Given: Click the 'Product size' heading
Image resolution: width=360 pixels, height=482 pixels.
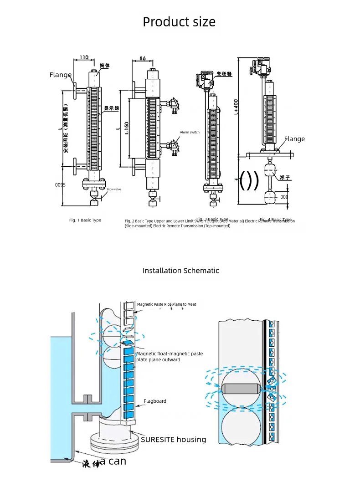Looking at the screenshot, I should [179, 22].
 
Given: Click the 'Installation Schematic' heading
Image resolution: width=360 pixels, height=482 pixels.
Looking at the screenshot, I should [180, 271].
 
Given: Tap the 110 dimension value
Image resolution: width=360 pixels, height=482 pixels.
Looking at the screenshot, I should [84, 57].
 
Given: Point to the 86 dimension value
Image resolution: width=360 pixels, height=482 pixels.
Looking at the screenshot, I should [142, 59].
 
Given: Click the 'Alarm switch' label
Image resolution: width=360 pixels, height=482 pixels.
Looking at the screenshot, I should [190, 132].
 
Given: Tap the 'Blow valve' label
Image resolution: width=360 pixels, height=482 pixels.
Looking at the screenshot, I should [114, 189].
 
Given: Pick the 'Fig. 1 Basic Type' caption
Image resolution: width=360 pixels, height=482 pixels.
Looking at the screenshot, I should [85, 220].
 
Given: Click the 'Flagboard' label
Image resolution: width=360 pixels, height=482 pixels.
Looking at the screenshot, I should [155, 401].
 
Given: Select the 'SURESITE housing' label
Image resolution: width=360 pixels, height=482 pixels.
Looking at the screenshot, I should [173, 440].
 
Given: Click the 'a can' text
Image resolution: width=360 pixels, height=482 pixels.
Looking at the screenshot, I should [113, 461].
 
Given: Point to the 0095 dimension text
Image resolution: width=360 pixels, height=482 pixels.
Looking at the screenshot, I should [61, 185].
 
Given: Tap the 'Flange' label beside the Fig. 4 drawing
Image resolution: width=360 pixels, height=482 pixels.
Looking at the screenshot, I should [294, 139].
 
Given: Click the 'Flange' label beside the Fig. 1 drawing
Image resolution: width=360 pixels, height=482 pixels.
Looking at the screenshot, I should [61, 75].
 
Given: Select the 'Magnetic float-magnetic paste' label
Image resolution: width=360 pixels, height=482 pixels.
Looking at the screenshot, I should [170, 354].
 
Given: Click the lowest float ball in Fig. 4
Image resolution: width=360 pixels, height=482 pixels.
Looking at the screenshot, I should [270, 197].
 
